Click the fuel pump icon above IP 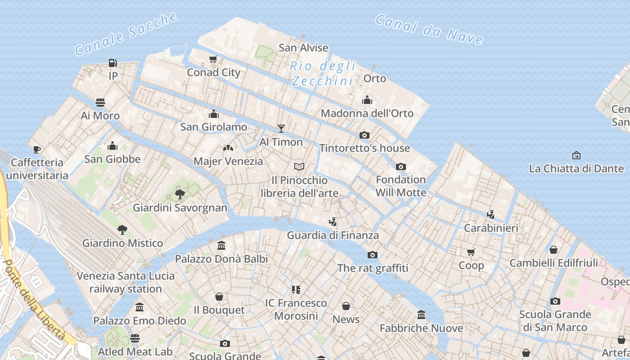point(112,63)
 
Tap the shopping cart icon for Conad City point(213,59)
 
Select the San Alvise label point(303,48)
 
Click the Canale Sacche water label point(126,34)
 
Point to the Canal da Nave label point(429,29)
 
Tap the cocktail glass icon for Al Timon point(281,129)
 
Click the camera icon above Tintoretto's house point(364,135)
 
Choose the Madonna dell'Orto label point(367,113)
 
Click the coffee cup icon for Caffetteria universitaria point(37,149)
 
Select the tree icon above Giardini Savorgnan point(180,194)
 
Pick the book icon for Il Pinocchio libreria point(299,167)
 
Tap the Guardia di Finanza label point(333,235)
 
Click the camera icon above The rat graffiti point(373,255)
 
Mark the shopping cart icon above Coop point(471,252)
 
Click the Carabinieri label point(491,228)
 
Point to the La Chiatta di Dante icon point(576,155)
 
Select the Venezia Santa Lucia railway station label point(126,282)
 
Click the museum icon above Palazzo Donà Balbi point(221,246)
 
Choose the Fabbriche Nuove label point(421,328)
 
